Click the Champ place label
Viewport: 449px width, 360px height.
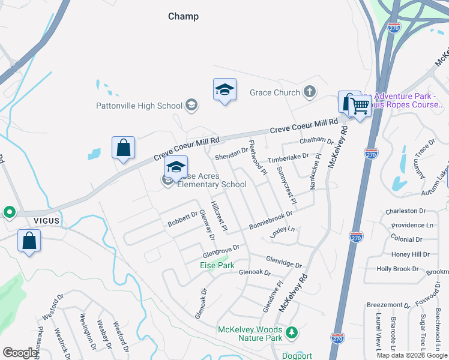point(183,16)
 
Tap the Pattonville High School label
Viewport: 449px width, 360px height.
point(139,106)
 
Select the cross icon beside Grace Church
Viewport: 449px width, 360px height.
point(309,92)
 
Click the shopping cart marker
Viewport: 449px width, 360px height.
point(360,107)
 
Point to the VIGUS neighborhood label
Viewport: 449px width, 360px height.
point(46,220)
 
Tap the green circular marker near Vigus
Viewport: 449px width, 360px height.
point(9,212)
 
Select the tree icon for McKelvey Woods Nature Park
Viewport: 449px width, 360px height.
point(292,332)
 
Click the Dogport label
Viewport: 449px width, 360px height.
point(297,356)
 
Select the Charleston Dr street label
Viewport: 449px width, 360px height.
point(405,211)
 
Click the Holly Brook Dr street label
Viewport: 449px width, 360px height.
point(397,269)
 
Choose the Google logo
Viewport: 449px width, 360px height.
point(19,353)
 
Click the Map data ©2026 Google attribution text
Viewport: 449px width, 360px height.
point(412,355)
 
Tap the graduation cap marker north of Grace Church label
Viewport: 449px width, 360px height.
point(225,90)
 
